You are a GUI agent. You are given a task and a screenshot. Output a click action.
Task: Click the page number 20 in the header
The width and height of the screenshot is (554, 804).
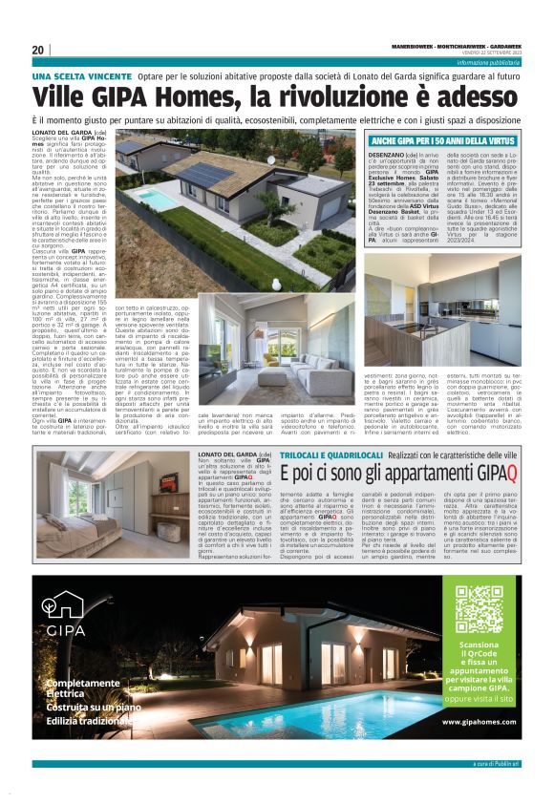point(38,50)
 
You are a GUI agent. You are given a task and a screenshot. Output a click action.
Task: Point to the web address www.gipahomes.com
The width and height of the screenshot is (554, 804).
point(479,722)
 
